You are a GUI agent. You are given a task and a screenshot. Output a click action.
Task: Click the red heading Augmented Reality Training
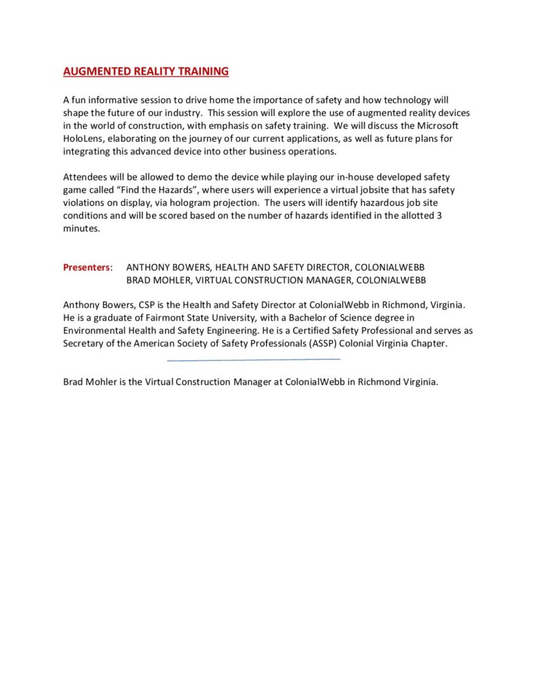point(146,71)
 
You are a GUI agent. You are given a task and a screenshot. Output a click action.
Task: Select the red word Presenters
point(86,267)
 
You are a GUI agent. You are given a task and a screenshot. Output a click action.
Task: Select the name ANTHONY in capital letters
point(148,267)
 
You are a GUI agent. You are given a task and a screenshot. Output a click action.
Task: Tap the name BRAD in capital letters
point(138,280)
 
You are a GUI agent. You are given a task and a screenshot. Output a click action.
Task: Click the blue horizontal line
point(253,360)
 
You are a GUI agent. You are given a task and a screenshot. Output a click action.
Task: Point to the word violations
point(85,203)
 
